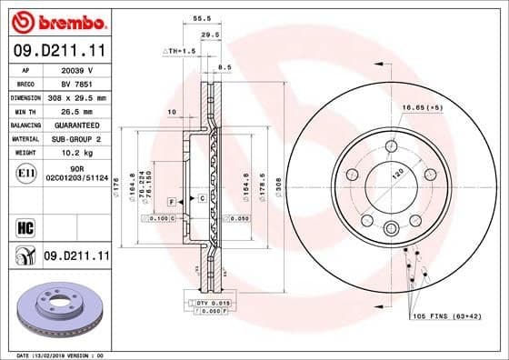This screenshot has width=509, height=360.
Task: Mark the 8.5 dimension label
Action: [x=225, y=66]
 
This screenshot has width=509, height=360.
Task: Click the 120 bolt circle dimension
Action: [x=396, y=173]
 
